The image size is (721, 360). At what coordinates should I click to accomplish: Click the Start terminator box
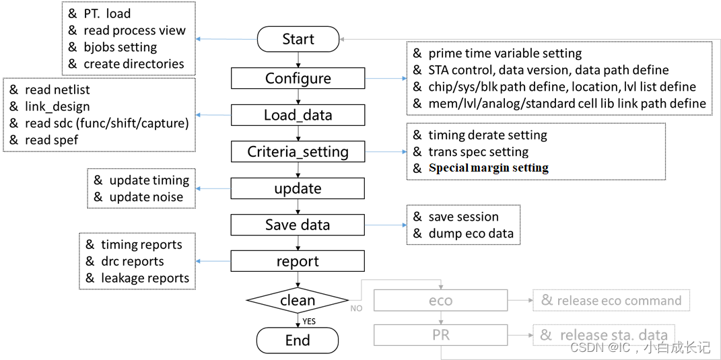(x=298, y=39)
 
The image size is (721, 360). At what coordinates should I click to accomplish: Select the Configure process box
(x=298, y=78)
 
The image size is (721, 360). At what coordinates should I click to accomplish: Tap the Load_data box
(x=298, y=115)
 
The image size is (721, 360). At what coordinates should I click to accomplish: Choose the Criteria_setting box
(x=298, y=151)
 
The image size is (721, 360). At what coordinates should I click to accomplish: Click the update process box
(x=298, y=188)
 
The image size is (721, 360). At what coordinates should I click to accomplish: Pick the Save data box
(x=298, y=225)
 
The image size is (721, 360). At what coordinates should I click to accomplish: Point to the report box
(x=298, y=261)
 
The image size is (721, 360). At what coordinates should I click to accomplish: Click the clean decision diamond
(x=298, y=301)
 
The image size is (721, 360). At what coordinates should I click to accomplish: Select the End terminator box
(x=298, y=340)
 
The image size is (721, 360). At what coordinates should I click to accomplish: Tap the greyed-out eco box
(x=440, y=301)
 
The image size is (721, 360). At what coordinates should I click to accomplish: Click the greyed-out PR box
(x=440, y=334)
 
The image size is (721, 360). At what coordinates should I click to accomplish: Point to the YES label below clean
(x=308, y=322)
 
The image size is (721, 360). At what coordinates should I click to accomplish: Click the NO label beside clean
(x=357, y=308)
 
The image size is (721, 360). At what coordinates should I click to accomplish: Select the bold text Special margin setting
(x=488, y=168)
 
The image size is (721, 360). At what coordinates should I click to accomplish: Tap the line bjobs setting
(x=120, y=47)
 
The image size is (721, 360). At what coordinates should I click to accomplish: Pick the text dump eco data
(x=471, y=233)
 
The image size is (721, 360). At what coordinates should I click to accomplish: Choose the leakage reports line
(x=145, y=278)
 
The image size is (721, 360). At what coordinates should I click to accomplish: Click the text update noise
(x=146, y=196)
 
